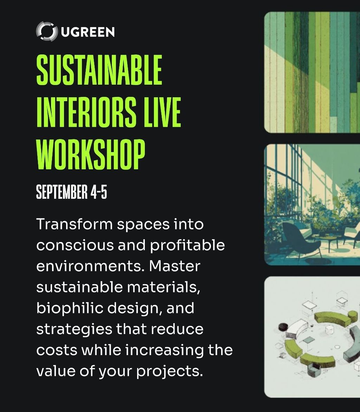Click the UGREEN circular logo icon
click(47, 32)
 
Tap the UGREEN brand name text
click(88, 32)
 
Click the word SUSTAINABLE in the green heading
click(99, 70)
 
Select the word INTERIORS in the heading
click(86, 112)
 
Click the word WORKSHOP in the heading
click(91, 154)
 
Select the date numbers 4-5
click(99, 192)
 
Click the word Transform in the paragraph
click(75, 224)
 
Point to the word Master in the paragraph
click(175, 266)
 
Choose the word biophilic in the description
click(70, 308)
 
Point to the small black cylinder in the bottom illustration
click(283, 327)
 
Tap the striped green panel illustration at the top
click(312, 72)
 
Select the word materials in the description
click(163, 287)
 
